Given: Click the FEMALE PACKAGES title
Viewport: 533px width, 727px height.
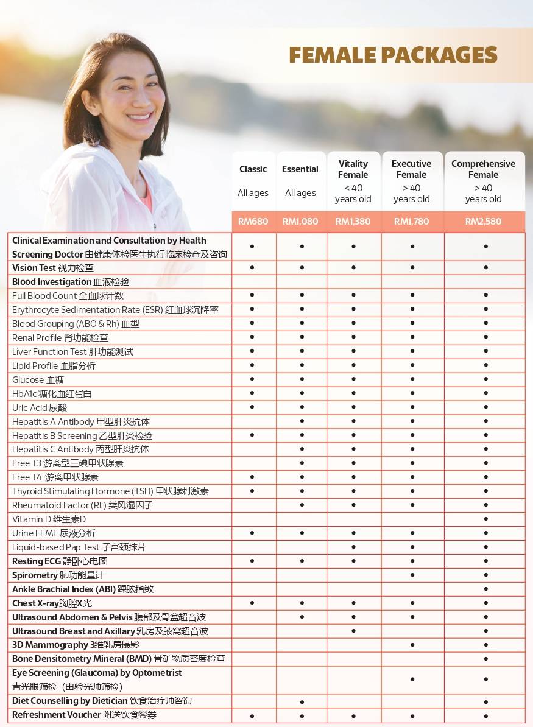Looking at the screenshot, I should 393,55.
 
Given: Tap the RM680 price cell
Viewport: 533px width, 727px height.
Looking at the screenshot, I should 253,222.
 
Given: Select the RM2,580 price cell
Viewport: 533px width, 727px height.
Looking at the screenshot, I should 484,222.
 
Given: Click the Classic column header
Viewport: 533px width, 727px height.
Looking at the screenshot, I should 253,169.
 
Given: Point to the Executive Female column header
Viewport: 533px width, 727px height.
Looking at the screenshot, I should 412,169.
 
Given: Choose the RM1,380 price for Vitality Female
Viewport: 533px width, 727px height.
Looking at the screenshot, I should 353,222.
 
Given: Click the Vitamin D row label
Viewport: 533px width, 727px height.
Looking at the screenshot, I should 49,519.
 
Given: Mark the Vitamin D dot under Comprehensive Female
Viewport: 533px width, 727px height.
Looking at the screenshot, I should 486,519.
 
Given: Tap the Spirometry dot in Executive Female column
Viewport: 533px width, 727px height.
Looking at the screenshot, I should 412,575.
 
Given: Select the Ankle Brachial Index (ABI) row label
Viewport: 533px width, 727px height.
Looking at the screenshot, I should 83,589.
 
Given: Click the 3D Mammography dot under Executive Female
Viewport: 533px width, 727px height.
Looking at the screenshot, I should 412,645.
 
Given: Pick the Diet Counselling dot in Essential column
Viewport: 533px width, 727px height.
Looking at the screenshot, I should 302,701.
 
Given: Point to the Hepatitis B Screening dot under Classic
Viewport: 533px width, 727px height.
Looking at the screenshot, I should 252,435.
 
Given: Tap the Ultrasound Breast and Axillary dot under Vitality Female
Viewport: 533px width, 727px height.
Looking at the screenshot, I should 354,631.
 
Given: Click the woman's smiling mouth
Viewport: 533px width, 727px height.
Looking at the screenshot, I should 139,116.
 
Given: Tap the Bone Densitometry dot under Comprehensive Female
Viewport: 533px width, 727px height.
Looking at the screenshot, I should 486,659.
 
